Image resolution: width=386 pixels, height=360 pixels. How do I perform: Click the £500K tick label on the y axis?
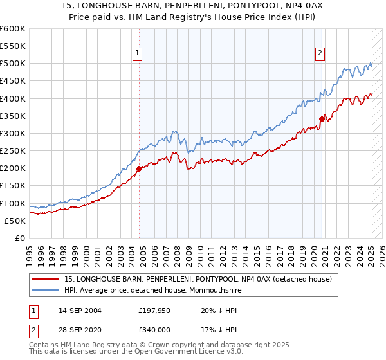[x=12, y=64]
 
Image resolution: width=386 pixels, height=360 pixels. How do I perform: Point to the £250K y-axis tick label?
[x=12, y=151]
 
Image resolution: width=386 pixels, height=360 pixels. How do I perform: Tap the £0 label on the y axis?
[x=21, y=239]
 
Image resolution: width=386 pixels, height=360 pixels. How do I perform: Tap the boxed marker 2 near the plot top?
[x=320, y=53]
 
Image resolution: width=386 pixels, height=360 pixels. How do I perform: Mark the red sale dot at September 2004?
[x=139, y=169]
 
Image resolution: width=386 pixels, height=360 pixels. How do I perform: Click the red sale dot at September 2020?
[x=322, y=119]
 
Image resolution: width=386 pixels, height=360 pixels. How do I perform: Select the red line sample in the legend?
[x=46, y=279]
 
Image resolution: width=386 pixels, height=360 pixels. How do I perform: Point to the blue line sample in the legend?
[x=46, y=290]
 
